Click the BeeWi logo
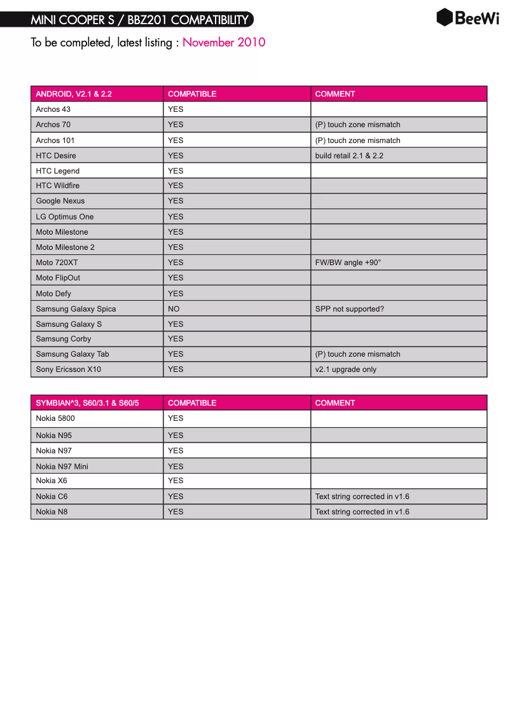tap(467, 18)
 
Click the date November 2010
tap(224, 43)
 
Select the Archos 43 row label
tap(53, 109)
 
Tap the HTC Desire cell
tap(56, 156)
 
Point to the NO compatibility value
tap(174, 309)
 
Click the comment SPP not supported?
tap(350, 309)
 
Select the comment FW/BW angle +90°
tap(348, 263)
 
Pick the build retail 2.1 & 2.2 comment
tap(349, 156)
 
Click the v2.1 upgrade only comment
tap(346, 369)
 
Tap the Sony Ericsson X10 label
tap(69, 369)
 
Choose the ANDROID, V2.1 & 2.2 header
tap(74, 94)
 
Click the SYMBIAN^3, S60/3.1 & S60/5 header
tap(87, 403)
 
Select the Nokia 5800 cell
tap(55, 418)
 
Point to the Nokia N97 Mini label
tap(62, 467)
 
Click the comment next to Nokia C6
tap(362, 497)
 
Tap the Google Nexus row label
tap(60, 201)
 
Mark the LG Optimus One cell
tap(65, 217)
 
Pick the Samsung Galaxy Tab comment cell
tap(358, 354)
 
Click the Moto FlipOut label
tap(58, 278)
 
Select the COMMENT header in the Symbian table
tap(335, 403)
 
